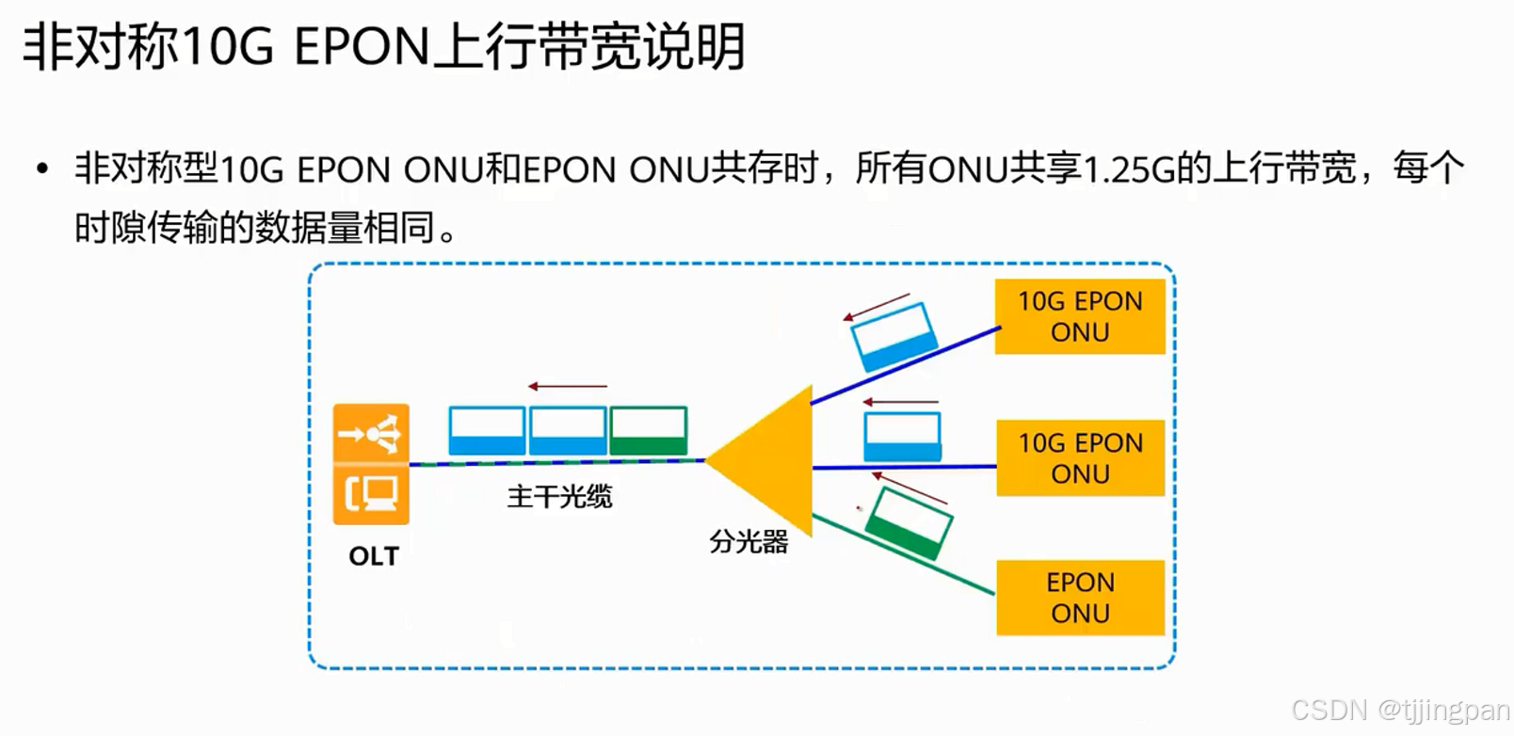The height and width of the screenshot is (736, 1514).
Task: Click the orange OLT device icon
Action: coord(371,464)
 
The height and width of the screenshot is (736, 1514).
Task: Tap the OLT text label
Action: coord(374,556)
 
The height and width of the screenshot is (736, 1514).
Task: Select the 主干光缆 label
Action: coord(559,496)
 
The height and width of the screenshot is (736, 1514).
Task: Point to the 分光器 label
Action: coord(749,541)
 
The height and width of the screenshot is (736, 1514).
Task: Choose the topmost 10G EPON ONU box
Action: coord(1080,316)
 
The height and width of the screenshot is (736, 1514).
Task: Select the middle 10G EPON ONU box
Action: coord(1080,457)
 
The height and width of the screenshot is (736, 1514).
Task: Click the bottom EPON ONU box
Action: coord(1080,598)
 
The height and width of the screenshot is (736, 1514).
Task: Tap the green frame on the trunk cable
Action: coord(649,431)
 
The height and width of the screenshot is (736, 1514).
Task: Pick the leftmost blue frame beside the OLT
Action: coord(487,431)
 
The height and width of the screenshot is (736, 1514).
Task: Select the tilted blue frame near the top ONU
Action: coord(893,336)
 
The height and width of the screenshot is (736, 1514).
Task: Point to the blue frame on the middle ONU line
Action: coord(902,436)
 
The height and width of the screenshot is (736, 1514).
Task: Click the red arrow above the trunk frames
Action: coord(568,386)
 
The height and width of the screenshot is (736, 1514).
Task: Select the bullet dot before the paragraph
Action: coord(41,170)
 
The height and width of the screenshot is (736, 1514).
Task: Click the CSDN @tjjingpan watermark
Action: coord(1400,710)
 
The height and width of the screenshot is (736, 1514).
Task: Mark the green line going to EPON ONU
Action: coord(902,554)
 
